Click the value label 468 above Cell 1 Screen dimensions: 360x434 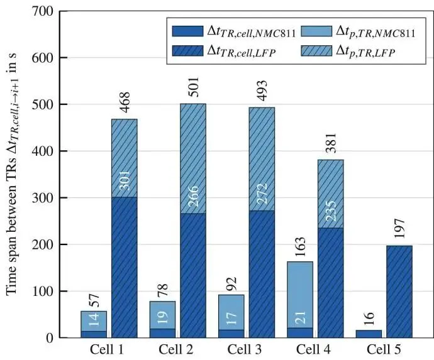point(124,104)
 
